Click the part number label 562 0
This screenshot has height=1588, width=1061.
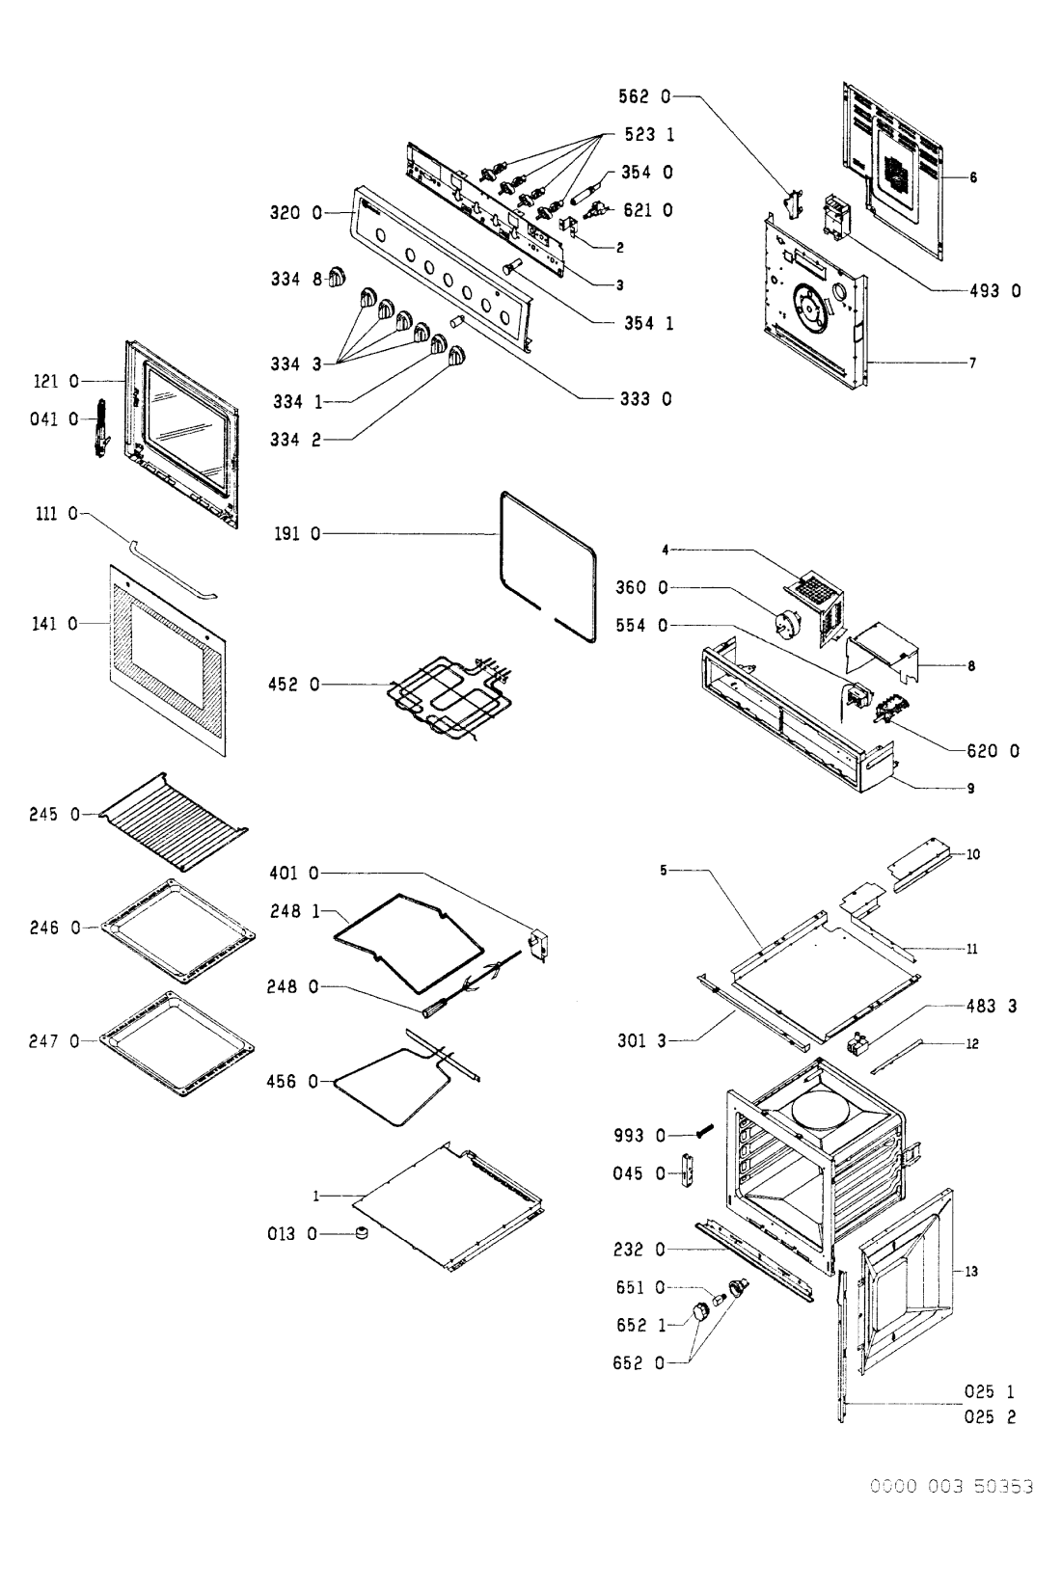(643, 96)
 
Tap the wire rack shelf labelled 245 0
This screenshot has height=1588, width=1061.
(174, 818)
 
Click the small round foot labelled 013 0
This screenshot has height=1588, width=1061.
(363, 1233)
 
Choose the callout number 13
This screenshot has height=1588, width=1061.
(971, 1272)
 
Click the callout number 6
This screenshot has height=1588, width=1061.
(973, 177)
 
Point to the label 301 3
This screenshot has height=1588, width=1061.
(641, 1040)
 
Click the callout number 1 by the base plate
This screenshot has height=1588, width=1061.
(315, 1196)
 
